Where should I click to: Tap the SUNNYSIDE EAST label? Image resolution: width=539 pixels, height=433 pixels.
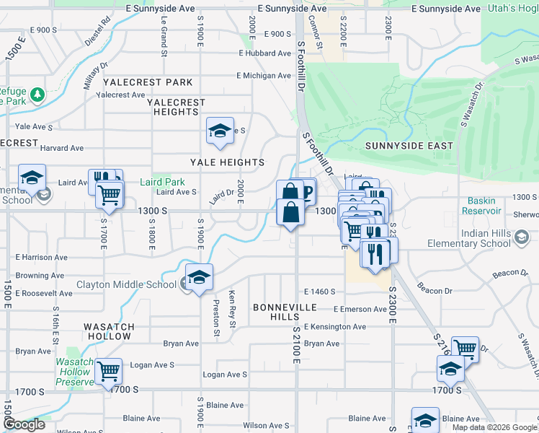pos(409,146)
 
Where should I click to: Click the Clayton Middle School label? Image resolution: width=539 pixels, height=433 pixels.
pos(126,284)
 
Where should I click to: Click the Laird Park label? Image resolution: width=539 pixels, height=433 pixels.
pos(162,183)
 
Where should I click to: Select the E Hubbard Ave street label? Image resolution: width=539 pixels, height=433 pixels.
pos(264,53)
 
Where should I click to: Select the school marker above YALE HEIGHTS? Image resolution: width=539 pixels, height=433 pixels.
pos(220,131)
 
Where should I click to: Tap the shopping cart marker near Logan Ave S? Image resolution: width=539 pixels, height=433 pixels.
pos(108,372)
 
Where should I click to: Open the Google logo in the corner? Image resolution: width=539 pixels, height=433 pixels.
pos(24,425)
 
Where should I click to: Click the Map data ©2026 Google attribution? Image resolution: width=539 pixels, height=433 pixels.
pos(495,427)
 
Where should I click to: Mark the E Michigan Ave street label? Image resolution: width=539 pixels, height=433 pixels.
pos(264,76)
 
